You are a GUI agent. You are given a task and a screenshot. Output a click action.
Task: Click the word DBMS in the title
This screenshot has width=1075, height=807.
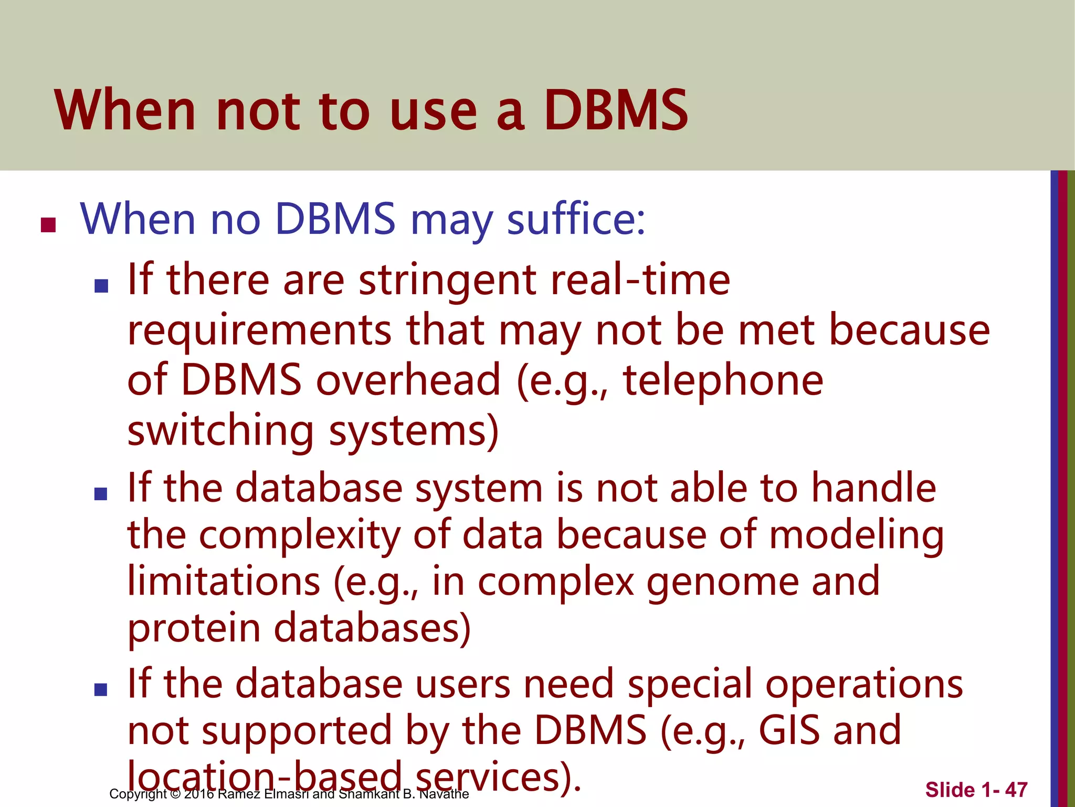[615, 110]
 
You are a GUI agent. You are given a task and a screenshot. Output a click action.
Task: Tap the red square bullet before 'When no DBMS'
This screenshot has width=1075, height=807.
[48, 225]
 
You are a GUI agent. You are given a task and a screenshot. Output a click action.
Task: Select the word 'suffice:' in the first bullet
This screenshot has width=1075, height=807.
[576, 219]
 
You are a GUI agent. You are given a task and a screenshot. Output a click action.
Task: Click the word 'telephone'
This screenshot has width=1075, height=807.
[723, 380]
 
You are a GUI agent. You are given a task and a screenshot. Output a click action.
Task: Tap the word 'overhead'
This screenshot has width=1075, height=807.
[408, 380]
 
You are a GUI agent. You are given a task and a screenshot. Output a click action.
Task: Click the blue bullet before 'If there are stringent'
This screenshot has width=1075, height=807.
[101, 286]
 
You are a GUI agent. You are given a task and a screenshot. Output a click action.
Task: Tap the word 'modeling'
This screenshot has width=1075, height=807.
[856, 535]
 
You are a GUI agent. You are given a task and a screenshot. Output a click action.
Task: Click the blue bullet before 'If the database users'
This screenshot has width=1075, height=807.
[101, 689]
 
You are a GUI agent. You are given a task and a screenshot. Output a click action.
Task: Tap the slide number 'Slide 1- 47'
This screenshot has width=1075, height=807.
[976, 790]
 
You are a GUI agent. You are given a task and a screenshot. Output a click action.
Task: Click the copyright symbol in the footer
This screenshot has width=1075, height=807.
[175, 794]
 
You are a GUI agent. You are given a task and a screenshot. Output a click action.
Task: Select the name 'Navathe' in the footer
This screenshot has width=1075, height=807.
[444, 794]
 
